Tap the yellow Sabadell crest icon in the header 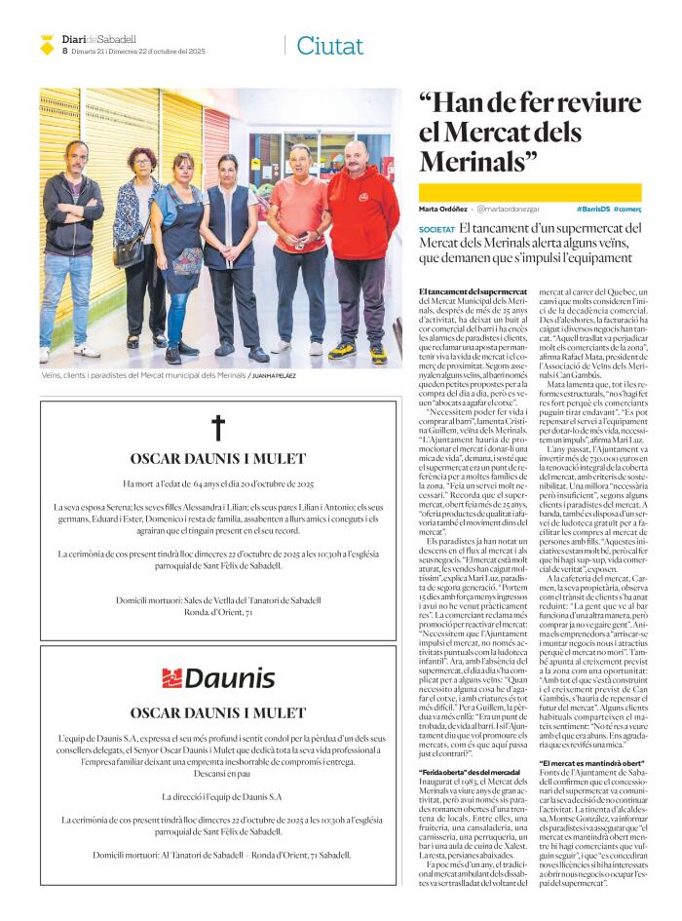coord(47,44)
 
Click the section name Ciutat coord(329,45)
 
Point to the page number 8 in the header coord(64,50)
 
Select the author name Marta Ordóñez coord(442,209)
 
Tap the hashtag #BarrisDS coord(592,209)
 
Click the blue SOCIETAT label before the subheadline coord(436,229)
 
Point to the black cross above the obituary coord(218,427)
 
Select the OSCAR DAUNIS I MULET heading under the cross coord(218,459)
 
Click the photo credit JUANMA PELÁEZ coord(274,375)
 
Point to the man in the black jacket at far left coord(70,244)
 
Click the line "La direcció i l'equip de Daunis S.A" coord(218,796)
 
